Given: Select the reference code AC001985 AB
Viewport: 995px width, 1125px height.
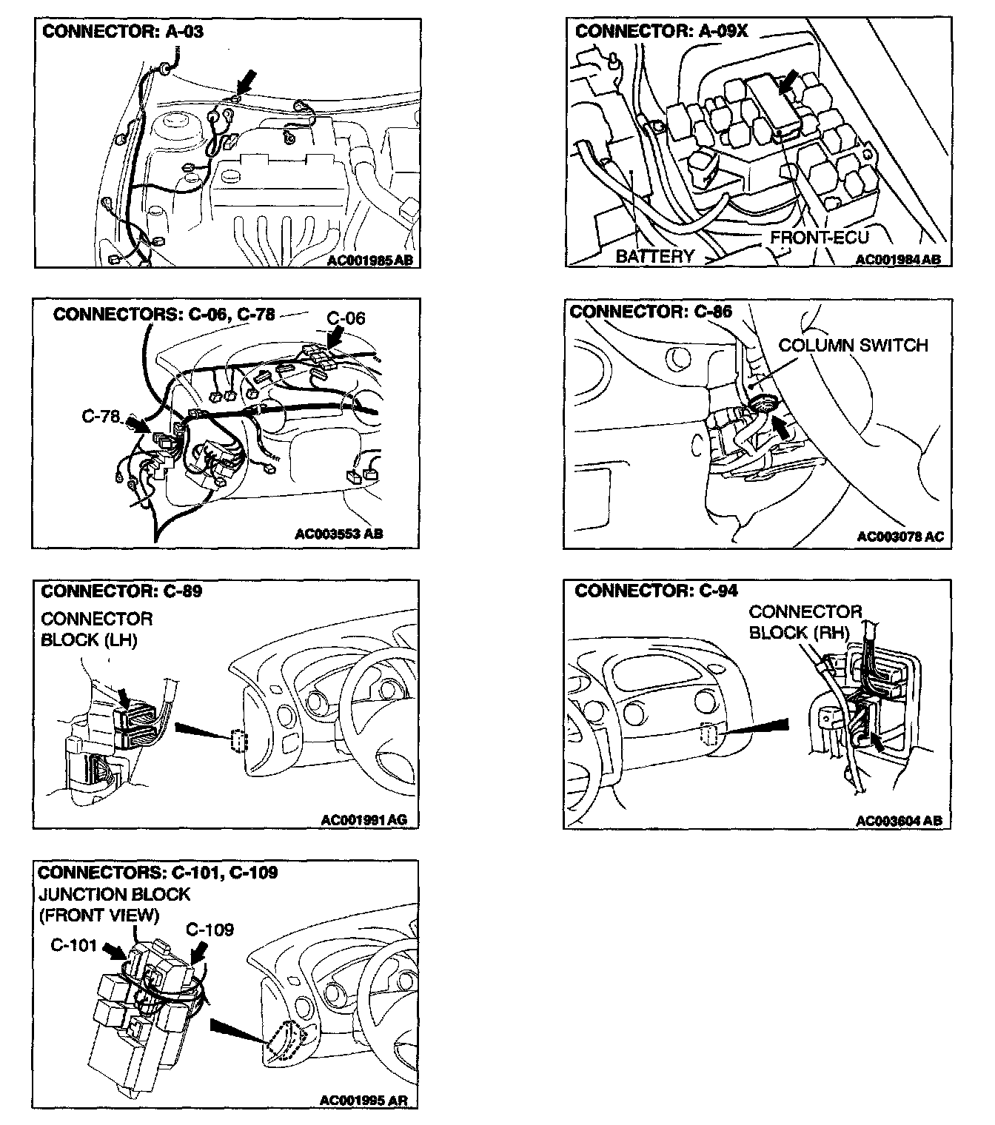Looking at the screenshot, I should (x=370, y=260).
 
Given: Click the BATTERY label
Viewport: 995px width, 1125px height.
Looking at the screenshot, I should (x=654, y=256).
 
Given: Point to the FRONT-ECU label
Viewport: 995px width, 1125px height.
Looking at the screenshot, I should (x=819, y=238).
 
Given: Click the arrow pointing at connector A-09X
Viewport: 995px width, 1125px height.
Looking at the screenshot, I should (x=788, y=81).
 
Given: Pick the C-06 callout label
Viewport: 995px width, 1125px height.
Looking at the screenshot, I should (x=346, y=318).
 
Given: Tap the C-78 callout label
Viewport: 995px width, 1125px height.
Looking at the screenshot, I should (x=100, y=417).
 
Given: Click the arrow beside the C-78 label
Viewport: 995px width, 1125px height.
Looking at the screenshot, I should (x=136, y=424).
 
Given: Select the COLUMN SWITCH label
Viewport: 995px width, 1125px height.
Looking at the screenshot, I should (x=853, y=346).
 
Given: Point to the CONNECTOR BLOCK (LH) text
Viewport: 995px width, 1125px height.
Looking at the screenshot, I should (x=96, y=629).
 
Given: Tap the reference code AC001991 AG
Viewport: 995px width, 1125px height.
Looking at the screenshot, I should (x=364, y=819).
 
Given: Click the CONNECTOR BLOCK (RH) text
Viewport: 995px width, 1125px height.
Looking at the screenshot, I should (x=805, y=622).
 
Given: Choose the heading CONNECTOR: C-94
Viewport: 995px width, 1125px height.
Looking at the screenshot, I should (x=656, y=591).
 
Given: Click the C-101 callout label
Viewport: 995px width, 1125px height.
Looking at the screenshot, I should (x=74, y=945).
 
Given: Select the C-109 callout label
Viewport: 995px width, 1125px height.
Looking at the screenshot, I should (x=210, y=929).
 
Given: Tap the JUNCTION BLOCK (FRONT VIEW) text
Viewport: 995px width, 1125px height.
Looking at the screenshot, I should (x=114, y=904).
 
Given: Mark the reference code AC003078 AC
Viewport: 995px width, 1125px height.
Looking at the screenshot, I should (x=900, y=537).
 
